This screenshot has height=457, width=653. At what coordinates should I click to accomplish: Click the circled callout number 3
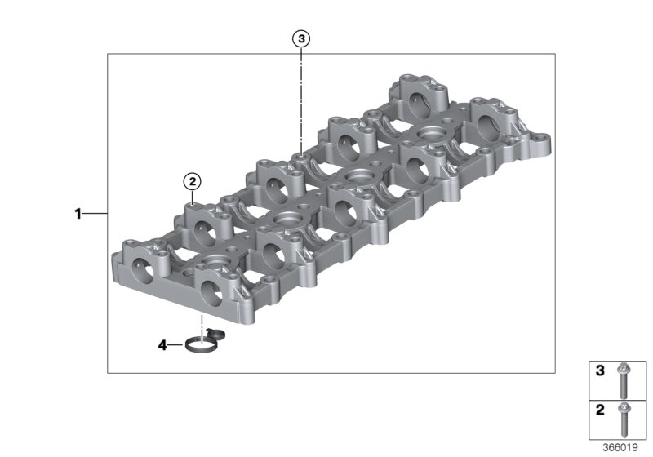pyautogui.click(x=301, y=38)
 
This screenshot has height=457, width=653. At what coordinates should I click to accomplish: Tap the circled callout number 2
pyautogui.click(x=193, y=181)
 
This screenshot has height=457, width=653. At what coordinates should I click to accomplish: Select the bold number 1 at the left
pyautogui.click(x=78, y=214)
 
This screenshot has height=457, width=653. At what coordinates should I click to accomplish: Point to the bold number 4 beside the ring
pyautogui.click(x=162, y=345)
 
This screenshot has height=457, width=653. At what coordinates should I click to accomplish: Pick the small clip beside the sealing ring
pyautogui.click(x=215, y=333)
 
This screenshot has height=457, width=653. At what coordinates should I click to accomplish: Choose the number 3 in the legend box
pyautogui.click(x=600, y=370)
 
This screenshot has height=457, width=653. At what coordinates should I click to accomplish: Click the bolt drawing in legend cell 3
pyautogui.click(x=624, y=380)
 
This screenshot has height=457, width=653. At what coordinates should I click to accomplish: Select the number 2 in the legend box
pyautogui.click(x=600, y=410)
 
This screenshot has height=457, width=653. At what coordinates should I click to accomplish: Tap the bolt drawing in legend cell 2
pyautogui.click(x=624, y=420)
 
